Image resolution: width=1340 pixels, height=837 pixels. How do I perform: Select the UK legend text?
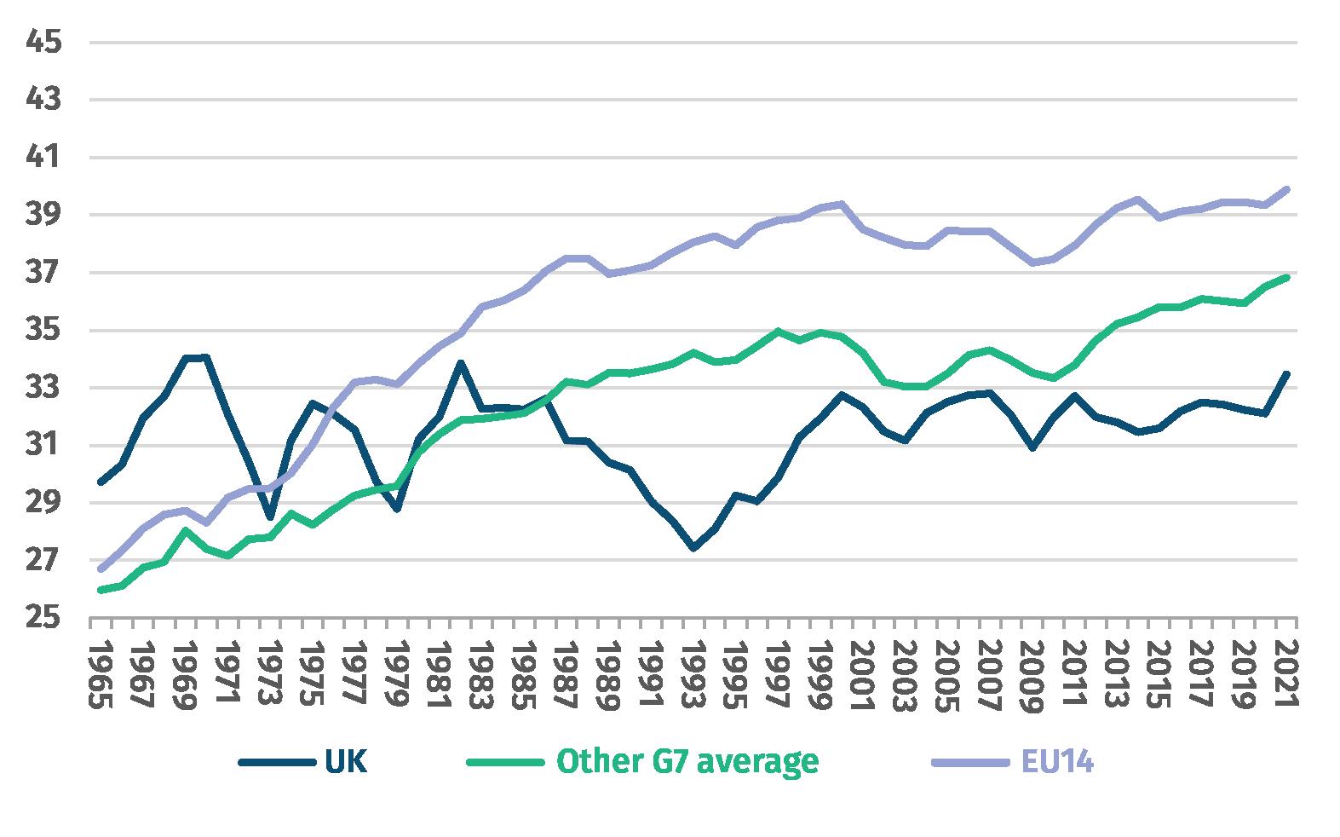347,761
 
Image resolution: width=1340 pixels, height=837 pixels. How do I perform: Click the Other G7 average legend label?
687,761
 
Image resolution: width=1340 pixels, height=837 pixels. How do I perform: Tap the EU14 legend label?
1055,761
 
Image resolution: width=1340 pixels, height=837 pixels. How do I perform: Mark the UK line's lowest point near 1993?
693,548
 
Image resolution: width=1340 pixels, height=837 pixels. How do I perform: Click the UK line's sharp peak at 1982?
460,362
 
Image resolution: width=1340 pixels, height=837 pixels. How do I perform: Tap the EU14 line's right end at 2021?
1286,189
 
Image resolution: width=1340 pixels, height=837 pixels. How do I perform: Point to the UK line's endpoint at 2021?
1286,373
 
